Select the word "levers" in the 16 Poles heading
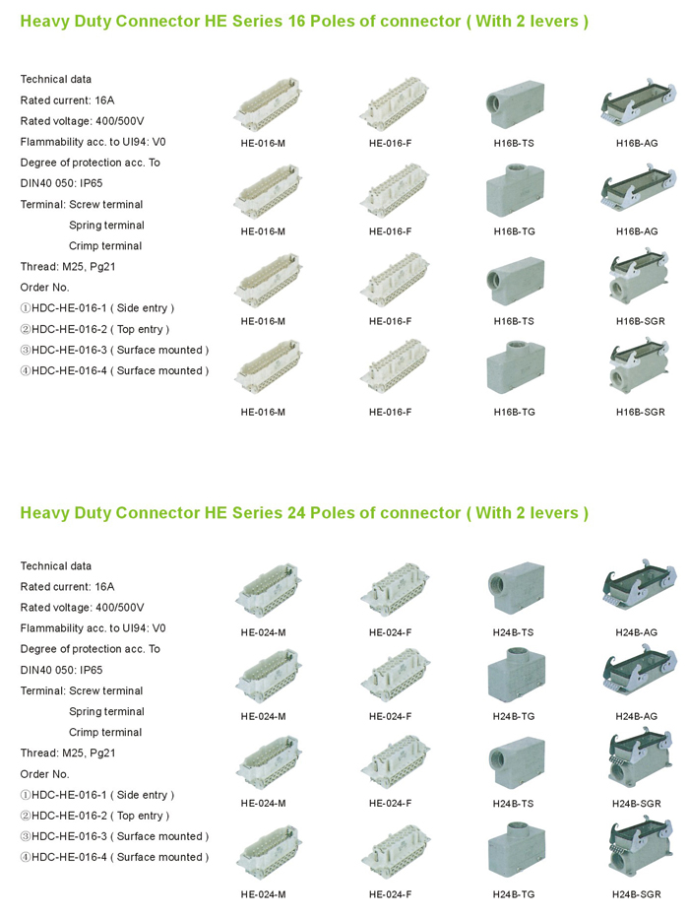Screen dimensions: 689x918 [x=553, y=21]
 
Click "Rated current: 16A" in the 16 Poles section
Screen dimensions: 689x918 [x=67, y=100]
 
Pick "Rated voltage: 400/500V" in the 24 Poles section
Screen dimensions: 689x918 [x=82, y=608]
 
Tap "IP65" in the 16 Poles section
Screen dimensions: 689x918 [x=91, y=183]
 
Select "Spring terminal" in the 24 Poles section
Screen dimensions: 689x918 [x=106, y=711]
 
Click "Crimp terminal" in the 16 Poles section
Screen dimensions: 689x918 [x=105, y=246]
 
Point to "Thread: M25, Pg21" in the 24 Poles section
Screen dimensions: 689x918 [x=68, y=753]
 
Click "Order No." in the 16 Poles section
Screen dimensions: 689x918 [x=44, y=288]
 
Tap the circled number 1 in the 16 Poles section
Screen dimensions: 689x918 [x=26, y=308]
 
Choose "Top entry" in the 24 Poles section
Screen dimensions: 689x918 [x=140, y=816]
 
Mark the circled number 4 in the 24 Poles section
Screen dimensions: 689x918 [x=26, y=857]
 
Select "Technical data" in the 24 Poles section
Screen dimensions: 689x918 [x=55, y=566]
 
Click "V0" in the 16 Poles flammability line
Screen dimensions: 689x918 [x=159, y=142]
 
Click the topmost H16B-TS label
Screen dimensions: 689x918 [x=514, y=144]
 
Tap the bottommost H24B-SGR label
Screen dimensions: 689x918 [x=637, y=894]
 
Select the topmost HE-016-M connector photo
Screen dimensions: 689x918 [x=268, y=103]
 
